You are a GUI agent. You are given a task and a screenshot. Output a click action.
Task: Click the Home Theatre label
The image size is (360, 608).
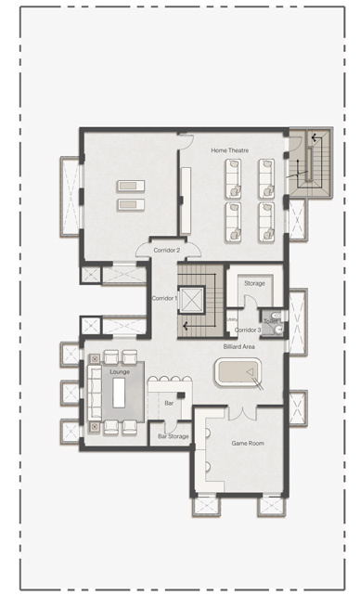[x=229, y=150]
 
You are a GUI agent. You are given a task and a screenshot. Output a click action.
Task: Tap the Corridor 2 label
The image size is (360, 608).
[x=166, y=250]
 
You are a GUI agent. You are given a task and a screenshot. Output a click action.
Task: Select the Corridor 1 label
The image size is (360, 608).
[x=164, y=298]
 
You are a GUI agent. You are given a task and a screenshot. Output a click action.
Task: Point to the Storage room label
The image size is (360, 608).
[x=254, y=283]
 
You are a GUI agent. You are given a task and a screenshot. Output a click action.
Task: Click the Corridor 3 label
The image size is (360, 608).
[x=247, y=330]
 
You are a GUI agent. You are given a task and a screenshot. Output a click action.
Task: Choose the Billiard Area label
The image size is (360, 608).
[x=238, y=346]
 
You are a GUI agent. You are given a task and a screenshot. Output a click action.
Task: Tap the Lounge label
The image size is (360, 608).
[x=119, y=371]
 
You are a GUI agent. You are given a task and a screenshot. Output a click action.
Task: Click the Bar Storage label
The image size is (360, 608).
[x=173, y=435]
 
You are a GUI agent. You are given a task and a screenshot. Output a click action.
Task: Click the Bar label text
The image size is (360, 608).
[x=169, y=404]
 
